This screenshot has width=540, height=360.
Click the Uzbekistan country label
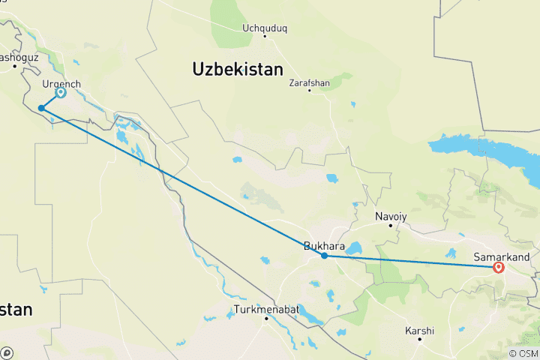pyautogui.click(x=238, y=70)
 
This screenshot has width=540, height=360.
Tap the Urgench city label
pyautogui.click(x=61, y=84)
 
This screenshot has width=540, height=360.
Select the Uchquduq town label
pyautogui.click(x=265, y=28)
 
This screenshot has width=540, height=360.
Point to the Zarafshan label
pyautogui.click(x=309, y=83)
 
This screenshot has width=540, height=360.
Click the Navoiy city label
pyautogui.click(x=391, y=216)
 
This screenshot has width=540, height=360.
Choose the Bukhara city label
pyautogui.click(x=324, y=245)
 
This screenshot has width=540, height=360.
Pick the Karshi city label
pyautogui.click(x=420, y=330)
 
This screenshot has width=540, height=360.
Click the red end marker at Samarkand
pyautogui.click(x=498, y=266)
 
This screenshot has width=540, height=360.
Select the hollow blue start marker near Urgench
pyautogui.click(x=61, y=94)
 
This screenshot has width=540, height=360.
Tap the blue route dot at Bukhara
pyautogui.click(x=324, y=256)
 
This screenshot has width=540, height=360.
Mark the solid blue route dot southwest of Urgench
pyautogui.click(x=41, y=109)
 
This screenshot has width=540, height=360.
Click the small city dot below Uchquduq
pyautogui.click(x=265, y=36)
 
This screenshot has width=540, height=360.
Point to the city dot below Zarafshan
pyautogui.click(x=309, y=91)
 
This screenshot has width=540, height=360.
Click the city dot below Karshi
pyautogui.click(x=420, y=338)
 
